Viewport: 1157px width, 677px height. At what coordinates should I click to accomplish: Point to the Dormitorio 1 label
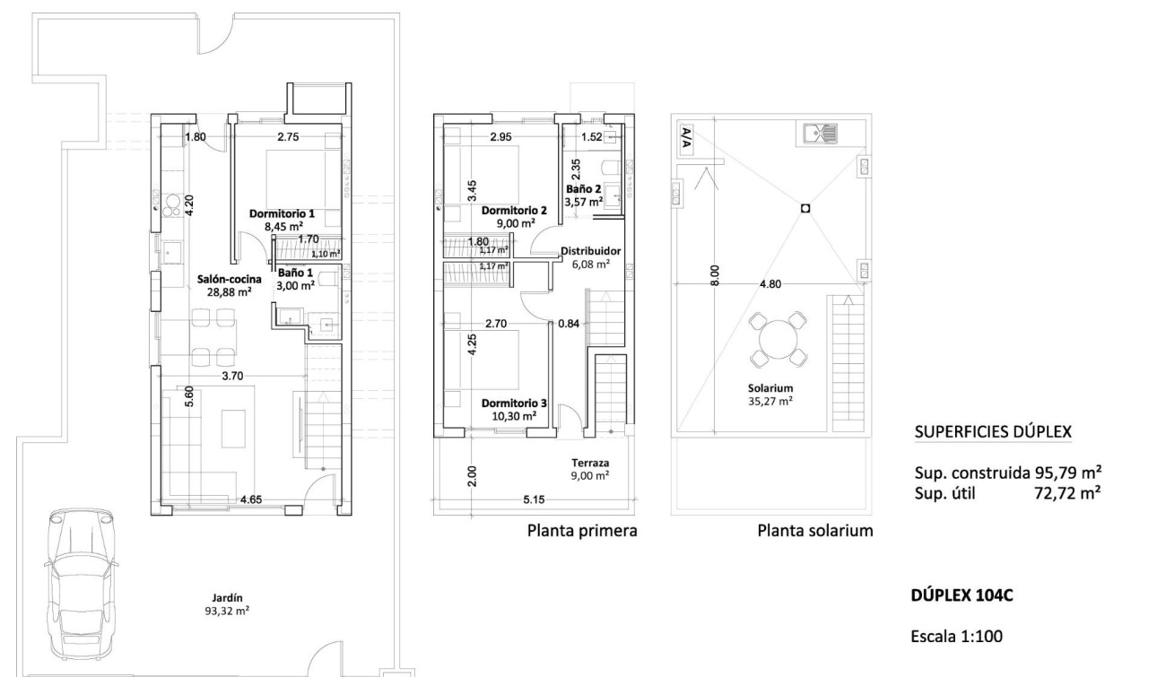click(x=282, y=221)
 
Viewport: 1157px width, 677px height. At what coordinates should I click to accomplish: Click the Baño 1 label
click(x=295, y=278)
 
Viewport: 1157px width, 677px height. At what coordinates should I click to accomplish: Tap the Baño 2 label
click(x=583, y=196)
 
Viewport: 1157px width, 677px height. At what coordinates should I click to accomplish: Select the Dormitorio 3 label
click(x=509, y=410)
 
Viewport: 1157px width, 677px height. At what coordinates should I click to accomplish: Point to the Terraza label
click(x=590, y=470)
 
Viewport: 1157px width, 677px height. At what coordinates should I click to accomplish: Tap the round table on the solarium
click(x=777, y=340)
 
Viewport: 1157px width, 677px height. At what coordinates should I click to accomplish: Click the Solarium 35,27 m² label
click(x=771, y=395)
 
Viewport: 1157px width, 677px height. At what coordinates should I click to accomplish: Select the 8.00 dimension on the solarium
click(x=713, y=273)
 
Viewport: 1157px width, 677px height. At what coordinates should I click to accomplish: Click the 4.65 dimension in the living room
click(x=251, y=499)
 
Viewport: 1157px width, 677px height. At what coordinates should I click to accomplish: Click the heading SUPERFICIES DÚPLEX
click(x=992, y=432)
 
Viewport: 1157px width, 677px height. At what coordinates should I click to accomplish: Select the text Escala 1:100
click(x=956, y=637)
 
